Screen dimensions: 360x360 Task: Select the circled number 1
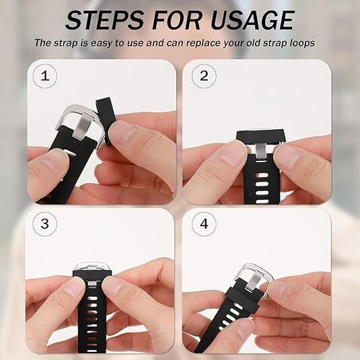45,75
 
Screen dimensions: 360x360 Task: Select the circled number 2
204,75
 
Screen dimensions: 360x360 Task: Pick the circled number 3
45,223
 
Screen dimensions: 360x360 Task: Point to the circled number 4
204,223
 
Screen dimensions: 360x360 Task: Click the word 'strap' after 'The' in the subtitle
68,43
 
